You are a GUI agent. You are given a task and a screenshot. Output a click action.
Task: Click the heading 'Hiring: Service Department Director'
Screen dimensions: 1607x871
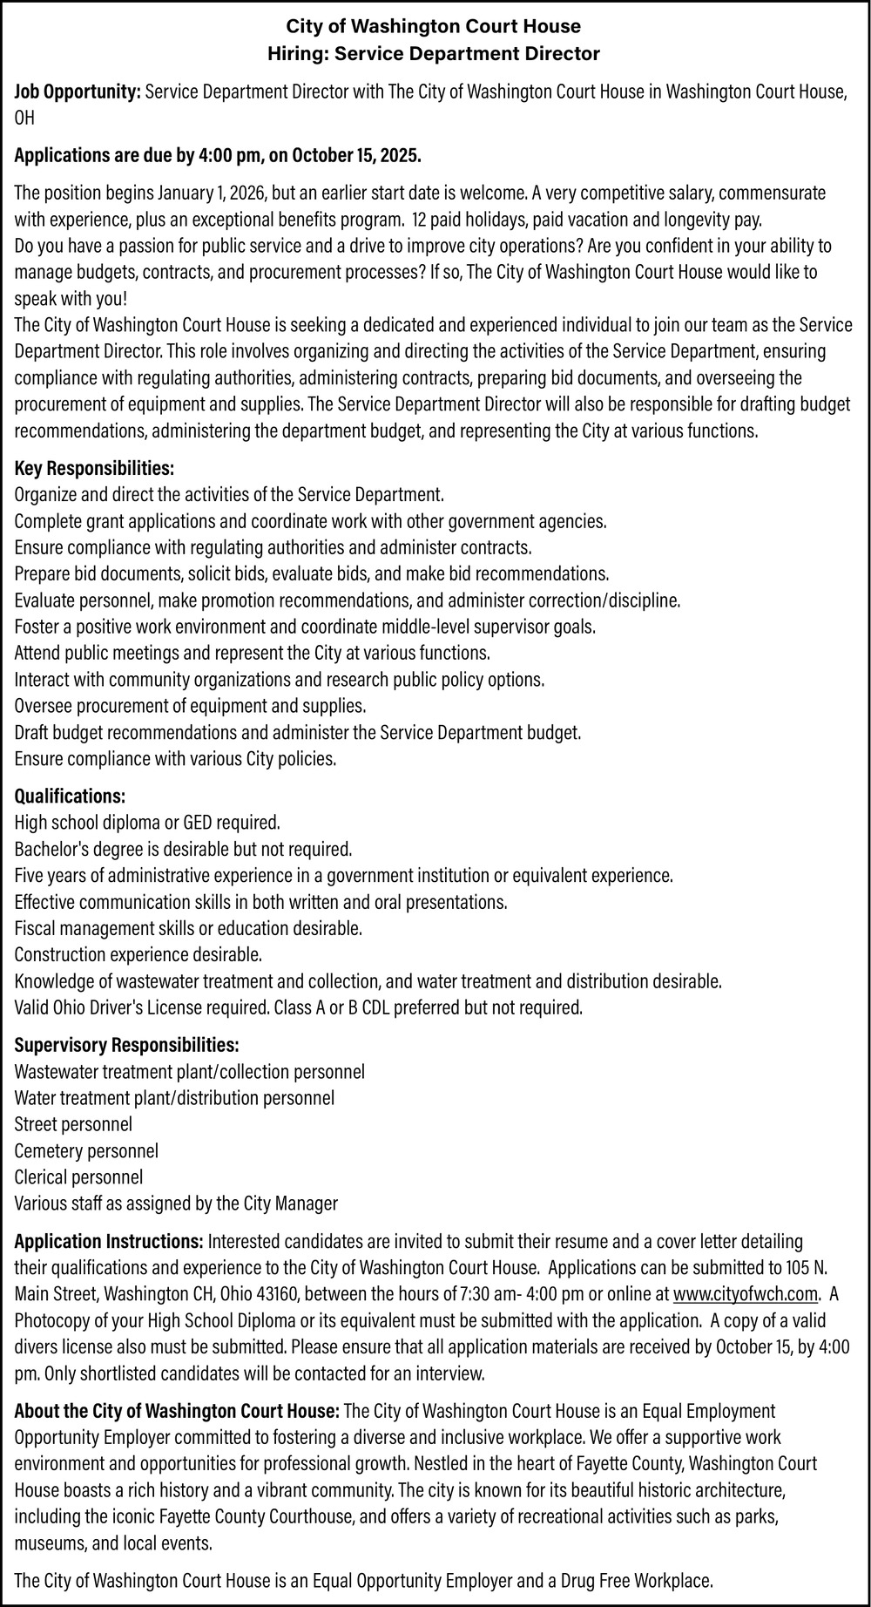coord(434,54)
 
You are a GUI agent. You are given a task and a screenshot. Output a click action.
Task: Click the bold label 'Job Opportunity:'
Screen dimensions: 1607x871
coord(78,92)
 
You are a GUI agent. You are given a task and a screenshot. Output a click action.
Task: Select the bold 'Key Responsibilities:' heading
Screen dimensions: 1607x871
coord(94,469)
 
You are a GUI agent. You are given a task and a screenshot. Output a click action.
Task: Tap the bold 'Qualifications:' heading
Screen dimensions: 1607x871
coord(70,796)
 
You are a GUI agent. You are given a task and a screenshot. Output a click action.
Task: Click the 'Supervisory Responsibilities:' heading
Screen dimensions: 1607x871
coord(126,1044)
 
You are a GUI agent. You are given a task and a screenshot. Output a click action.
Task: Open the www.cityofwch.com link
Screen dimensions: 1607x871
coord(746,1292)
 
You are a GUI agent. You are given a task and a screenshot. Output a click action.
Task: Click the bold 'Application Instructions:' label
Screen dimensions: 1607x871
coord(109,1240)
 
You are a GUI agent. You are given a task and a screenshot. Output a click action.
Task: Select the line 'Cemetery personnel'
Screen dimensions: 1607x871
coord(86,1150)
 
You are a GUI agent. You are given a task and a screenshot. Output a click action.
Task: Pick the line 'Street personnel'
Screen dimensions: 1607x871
coord(73,1124)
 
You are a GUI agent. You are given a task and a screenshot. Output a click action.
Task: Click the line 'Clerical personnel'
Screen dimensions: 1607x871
coord(78,1177)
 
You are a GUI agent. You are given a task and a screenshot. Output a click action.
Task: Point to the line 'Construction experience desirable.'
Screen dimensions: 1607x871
coord(138,954)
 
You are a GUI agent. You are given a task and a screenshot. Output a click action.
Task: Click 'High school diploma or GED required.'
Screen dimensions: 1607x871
coord(147,822)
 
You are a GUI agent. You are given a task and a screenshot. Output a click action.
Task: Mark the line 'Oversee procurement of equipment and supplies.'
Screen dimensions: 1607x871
coord(190,705)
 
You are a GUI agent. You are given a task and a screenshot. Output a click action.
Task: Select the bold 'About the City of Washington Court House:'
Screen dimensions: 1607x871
coord(177,1410)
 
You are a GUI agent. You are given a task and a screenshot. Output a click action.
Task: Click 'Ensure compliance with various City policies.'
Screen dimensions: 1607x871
coord(175,758)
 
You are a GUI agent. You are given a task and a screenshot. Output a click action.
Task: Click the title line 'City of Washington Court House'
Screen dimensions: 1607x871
coord(434,28)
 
